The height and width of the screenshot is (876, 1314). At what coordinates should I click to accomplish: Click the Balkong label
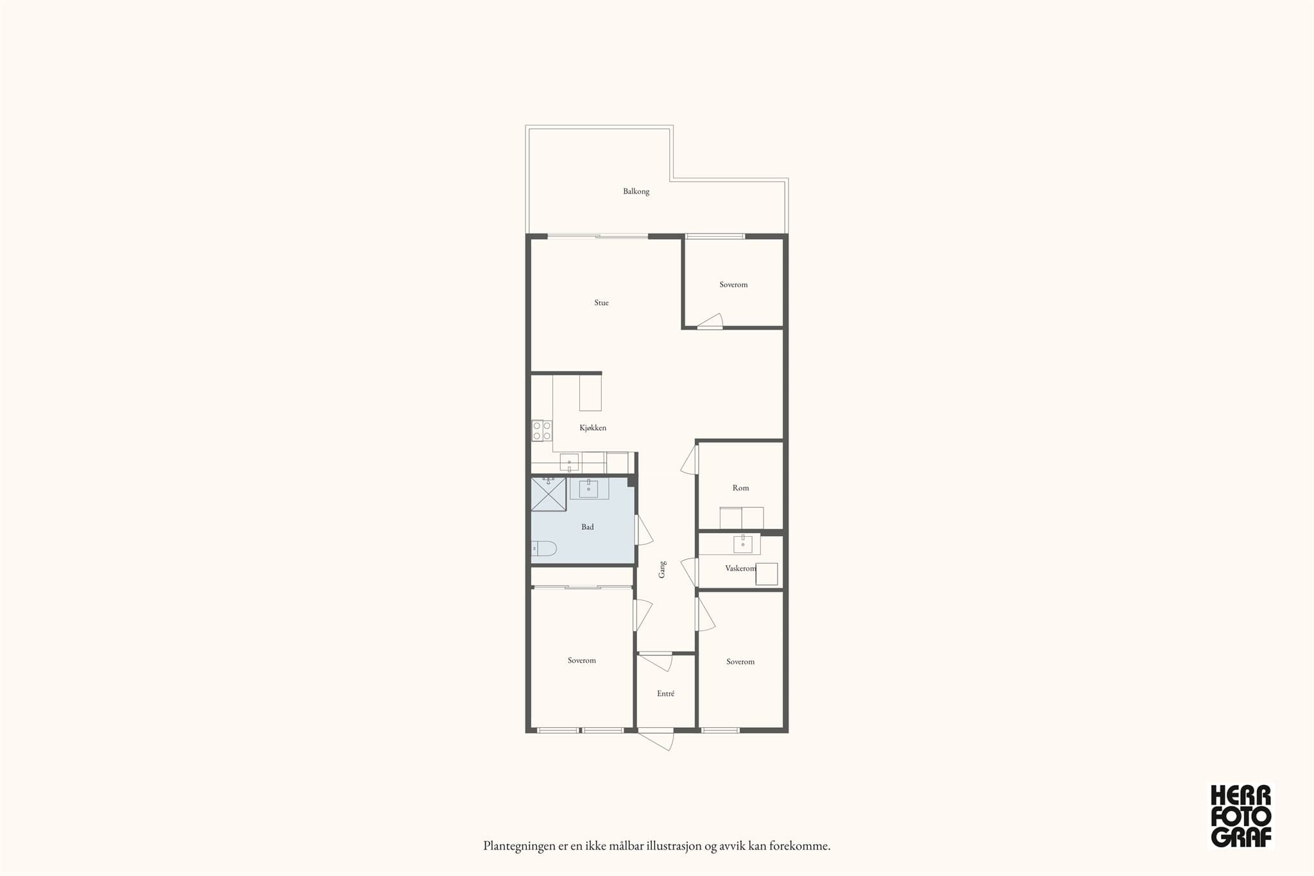pos(636,191)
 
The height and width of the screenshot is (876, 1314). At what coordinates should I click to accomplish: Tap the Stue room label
pos(601,303)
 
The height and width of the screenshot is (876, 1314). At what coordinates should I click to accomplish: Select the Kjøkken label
pos(593,428)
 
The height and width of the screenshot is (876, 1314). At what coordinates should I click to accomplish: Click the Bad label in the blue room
pos(588,527)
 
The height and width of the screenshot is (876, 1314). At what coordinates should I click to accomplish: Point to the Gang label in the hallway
pos(662,569)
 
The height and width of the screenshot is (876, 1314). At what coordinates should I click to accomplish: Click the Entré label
pos(665,693)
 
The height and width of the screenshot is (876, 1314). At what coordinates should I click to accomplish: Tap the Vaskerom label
pos(740,568)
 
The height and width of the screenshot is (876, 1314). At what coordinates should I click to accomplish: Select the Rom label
pos(740,488)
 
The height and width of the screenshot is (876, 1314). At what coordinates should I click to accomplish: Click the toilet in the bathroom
pos(544,548)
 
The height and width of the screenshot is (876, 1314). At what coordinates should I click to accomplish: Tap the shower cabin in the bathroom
pos(549,494)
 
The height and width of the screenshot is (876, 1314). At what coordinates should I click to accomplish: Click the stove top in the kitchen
pos(542,430)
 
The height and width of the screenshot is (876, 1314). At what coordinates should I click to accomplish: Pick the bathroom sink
pos(589,489)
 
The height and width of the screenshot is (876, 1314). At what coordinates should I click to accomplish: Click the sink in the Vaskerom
pos(743,544)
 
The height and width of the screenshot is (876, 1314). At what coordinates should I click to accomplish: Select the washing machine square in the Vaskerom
pos(767,574)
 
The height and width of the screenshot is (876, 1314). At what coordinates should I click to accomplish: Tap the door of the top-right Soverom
pos(710,321)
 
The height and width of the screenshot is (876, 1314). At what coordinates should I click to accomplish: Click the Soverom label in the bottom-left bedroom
pos(581,661)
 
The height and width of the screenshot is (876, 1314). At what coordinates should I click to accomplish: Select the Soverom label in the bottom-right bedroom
pos(740,662)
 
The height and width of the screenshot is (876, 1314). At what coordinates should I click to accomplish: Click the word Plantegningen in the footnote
pos(520,847)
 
